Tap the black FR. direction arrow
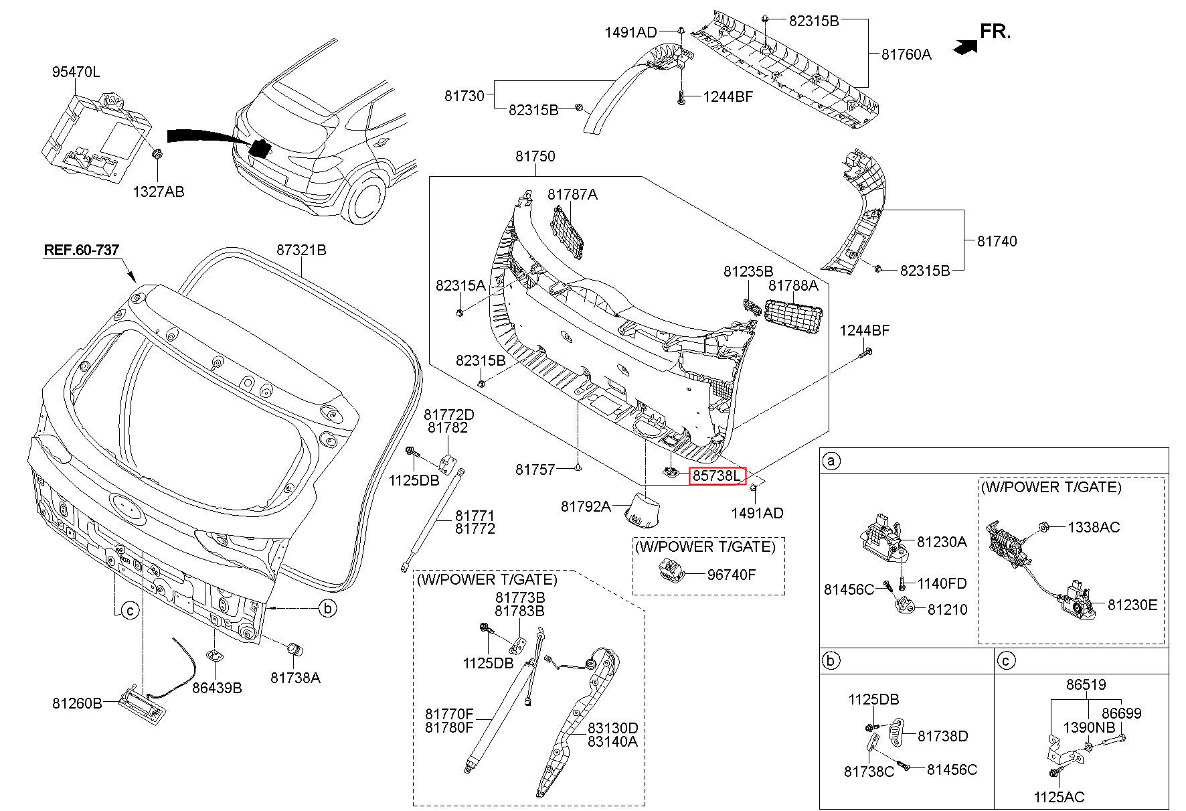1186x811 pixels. coord(965,46)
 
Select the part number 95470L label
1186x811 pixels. coord(76,72)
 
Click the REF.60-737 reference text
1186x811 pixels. coord(81,250)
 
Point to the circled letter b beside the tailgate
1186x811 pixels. coord(327,608)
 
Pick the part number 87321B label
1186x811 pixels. coord(301,250)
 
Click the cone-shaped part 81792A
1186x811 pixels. coord(641,508)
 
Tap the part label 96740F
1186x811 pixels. coord(732,575)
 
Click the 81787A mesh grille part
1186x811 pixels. coord(568,232)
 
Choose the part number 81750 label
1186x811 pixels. coord(535,156)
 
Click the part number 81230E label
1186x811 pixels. coord(1132,605)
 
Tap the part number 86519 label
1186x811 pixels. coord(1086,684)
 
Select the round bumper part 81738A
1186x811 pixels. coord(294,649)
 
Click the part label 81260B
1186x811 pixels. coord(77,703)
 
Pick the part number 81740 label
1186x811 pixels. coord(997,241)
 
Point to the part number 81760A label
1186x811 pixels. coord(906,54)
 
